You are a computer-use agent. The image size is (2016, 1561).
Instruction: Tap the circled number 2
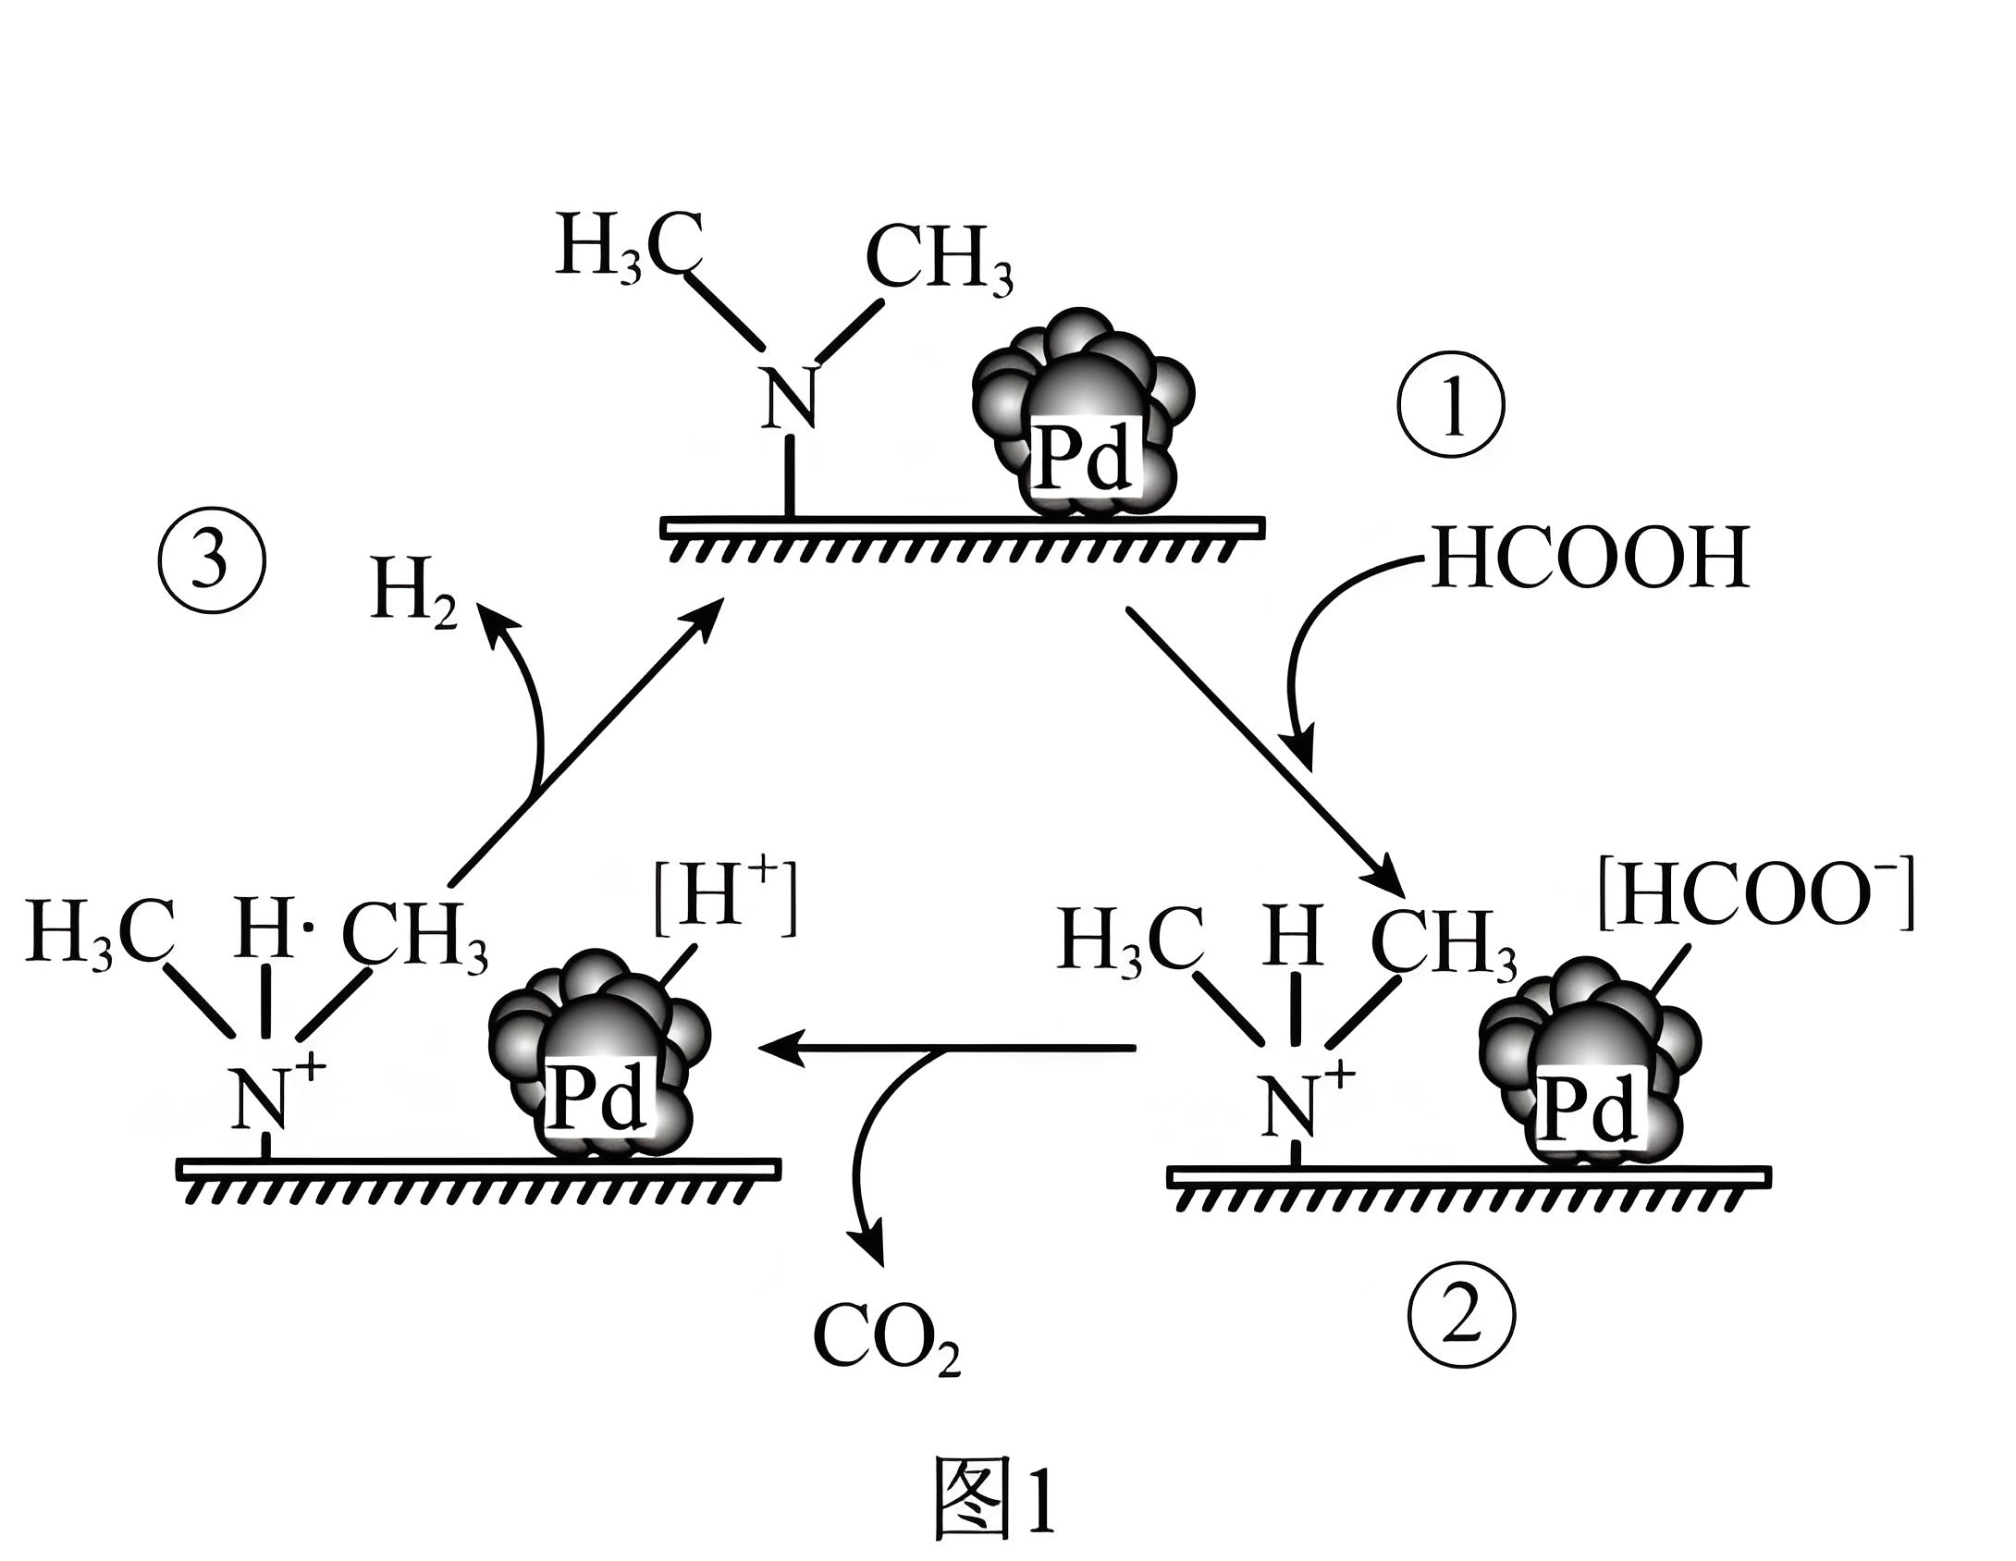(1462, 1314)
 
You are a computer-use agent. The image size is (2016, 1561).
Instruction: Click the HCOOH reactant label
(1589, 559)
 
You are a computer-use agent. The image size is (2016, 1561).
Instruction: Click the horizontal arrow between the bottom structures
(943, 1049)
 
